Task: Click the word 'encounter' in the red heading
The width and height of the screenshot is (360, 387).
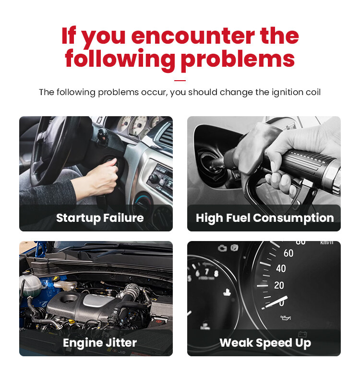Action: [193, 36]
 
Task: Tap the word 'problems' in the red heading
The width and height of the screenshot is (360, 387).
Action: [238, 59]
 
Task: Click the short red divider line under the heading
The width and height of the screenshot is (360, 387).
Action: [180, 81]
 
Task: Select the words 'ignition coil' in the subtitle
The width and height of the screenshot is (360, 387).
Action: [296, 92]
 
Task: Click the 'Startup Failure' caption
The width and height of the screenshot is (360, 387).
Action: [100, 218]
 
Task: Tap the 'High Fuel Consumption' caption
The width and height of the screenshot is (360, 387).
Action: [265, 218]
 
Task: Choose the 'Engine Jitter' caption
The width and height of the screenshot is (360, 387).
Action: [100, 342]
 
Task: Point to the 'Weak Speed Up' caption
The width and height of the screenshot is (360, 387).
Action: [265, 343]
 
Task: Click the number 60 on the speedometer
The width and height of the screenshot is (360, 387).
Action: [288, 253]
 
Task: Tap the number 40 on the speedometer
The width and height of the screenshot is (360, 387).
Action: [281, 268]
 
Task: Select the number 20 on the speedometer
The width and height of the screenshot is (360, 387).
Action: [279, 286]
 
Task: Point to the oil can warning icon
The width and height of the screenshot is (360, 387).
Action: [286, 318]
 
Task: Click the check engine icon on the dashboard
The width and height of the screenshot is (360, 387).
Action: [222, 248]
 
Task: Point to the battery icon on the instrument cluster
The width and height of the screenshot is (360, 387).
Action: [302, 334]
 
